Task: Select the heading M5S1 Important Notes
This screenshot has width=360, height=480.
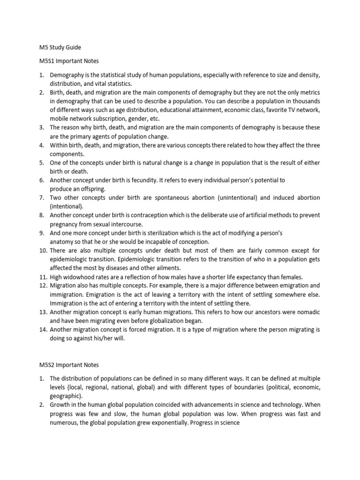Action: (x=68, y=61)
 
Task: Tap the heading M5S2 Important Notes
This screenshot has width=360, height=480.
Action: (x=68, y=365)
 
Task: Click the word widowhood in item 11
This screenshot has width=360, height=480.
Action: (x=81, y=277)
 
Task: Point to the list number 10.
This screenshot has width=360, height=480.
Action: (x=42, y=250)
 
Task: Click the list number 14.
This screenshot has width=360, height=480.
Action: (x=42, y=329)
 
